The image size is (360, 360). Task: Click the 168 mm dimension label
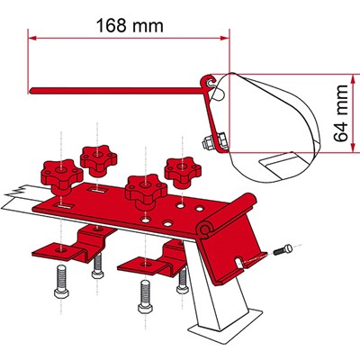tap(130, 25)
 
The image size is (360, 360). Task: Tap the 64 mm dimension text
tap(341, 113)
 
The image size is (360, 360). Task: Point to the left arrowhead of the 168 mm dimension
tap(31, 38)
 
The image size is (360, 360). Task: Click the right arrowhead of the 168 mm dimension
tap(225, 38)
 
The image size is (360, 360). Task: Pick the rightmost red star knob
tap(183, 173)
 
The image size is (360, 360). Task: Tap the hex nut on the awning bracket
tap(208, 141)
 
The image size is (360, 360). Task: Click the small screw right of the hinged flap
tap(283, 250)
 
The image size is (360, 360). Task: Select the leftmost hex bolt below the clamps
tap(61, 283)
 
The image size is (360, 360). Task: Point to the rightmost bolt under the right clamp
tap(183, 282)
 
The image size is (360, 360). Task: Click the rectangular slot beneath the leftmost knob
tap(66, 206)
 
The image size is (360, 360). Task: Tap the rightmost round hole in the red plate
tap(199, 208)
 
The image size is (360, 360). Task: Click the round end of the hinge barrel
tap(205, 230)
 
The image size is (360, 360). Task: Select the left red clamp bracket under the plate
tap(74, 245)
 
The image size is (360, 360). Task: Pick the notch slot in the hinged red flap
tap(238, 262)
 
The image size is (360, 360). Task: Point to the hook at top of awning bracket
tap(210, 81)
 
